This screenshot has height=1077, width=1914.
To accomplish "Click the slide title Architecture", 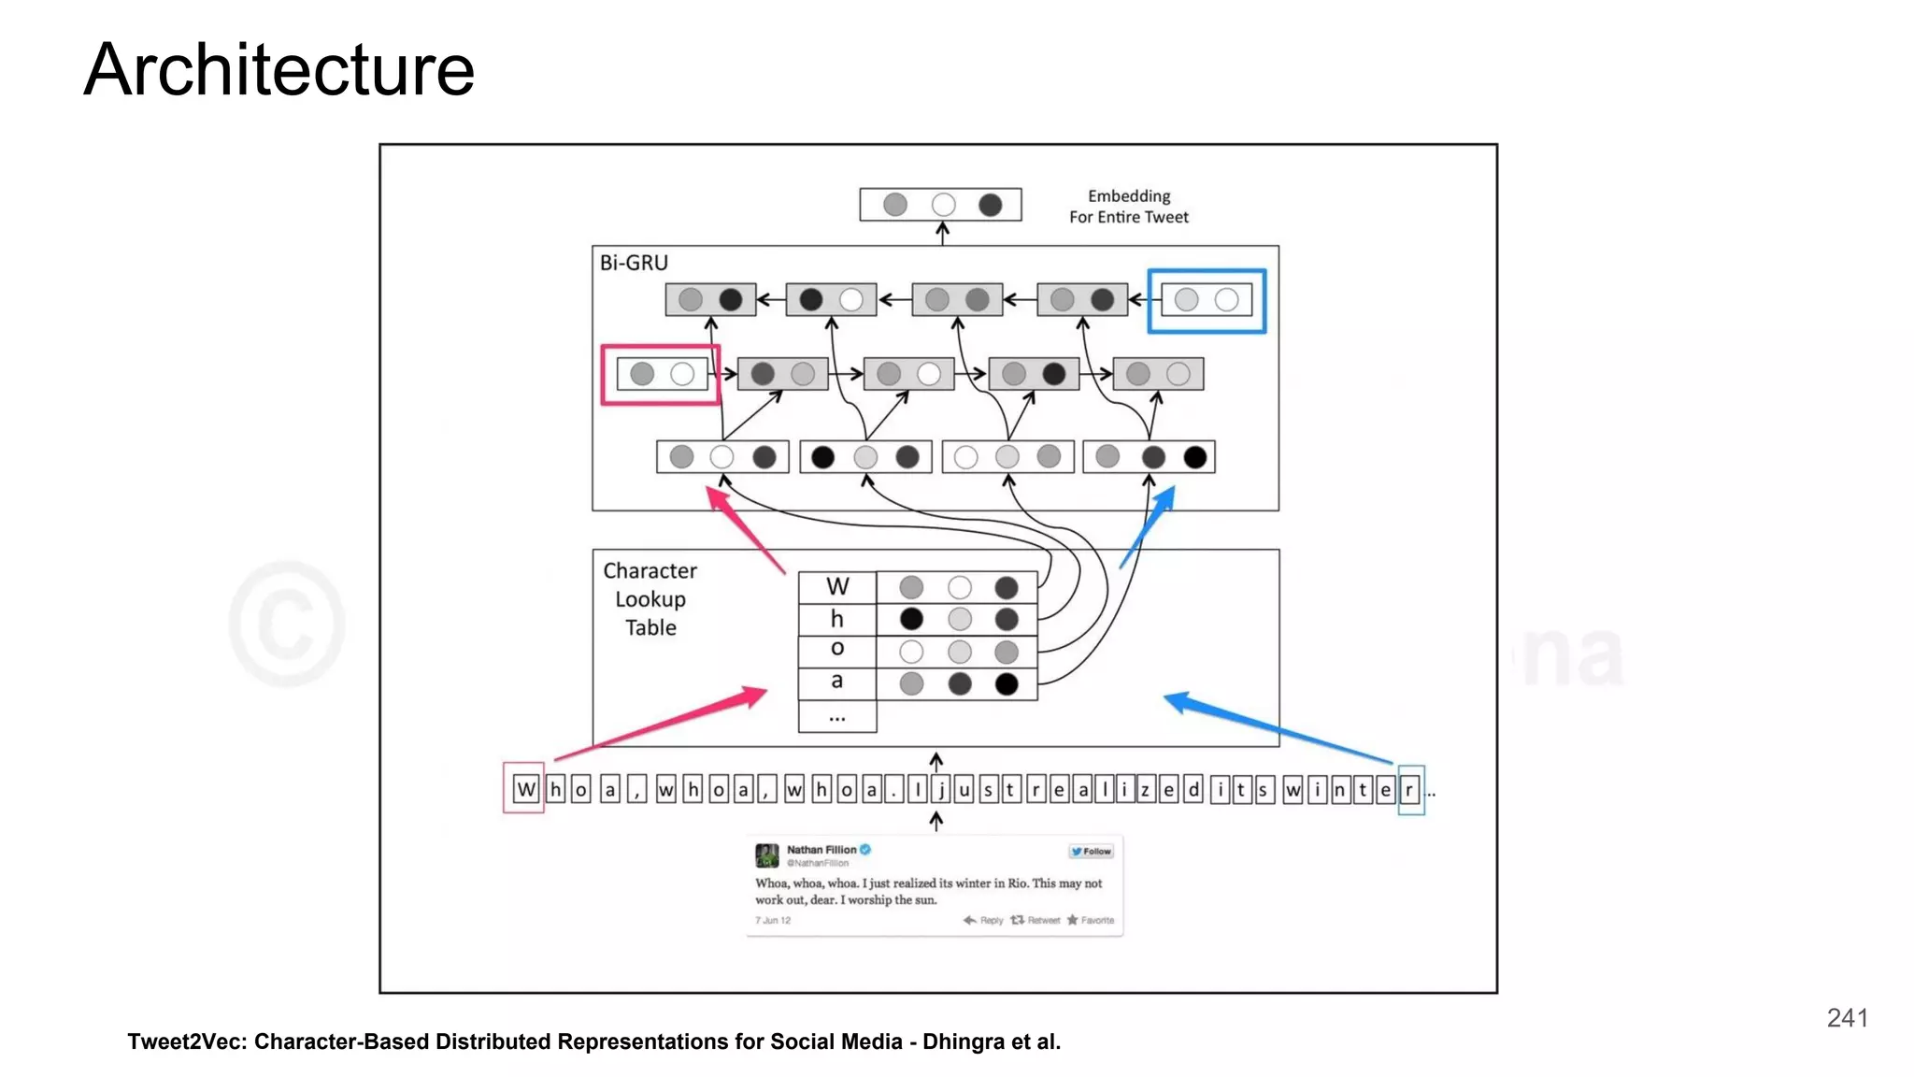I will [279, 70].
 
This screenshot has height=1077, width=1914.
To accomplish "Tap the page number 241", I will [1847, 1018].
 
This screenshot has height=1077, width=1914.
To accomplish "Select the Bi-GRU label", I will [634, 263].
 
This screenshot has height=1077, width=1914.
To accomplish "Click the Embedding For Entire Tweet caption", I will [1128, 207].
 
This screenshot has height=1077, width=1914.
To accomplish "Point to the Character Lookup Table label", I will [650, 599].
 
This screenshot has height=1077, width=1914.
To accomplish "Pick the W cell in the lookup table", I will [837, 587].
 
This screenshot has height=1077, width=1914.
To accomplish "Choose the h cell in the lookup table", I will [837, 619].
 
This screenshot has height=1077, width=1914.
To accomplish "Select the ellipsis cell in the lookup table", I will [837, 717].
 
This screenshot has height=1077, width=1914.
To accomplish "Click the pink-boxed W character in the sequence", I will [525, 790].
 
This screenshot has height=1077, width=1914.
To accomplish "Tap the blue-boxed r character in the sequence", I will [1409, 790].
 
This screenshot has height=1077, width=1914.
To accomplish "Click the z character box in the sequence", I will [1144, 790].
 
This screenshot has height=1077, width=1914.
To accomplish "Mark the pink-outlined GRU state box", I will [661, 375].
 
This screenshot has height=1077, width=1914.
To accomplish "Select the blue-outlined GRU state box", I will [1207, 300].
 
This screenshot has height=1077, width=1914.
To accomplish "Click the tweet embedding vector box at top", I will [940, 205].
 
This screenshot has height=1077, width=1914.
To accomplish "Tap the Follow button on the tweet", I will [1092, 852].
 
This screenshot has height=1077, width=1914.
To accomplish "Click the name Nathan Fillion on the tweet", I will [821, 850].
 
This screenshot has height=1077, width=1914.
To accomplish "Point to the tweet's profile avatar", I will [767, 854].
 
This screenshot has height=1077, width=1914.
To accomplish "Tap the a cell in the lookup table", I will [837, 682].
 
